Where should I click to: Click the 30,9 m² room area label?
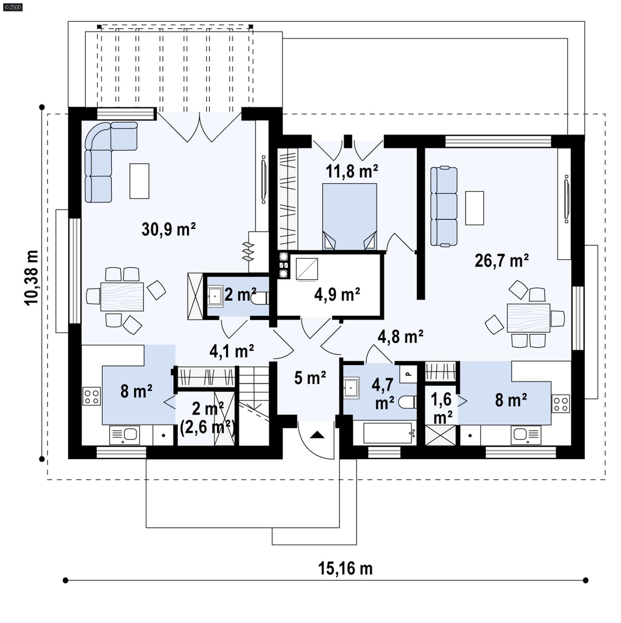[x=168, y=230]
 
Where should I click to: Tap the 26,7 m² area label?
[x=501, y=261]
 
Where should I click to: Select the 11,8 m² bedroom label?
[x=351, y=171]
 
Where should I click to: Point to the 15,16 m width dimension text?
[x=345, y=569]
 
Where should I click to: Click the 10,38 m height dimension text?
[x=32, y=278]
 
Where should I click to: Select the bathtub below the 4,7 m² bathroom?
[x=387, y=433]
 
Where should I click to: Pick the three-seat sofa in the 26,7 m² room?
[x=444, y=206]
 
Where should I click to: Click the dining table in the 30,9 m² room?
[x=122, y=297]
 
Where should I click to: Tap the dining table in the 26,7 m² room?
[x=528, y=318]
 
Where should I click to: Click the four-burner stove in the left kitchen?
[x=92, y=396]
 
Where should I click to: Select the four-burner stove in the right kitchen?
[x=561, y=404]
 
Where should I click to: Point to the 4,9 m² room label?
[x=337, y=295]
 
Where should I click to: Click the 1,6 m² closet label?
[x=441, y=408]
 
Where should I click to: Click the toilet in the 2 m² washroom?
[x=260, y=299]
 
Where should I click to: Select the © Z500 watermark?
[x=12, y=7]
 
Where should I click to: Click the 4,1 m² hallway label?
[x=232, y=351]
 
